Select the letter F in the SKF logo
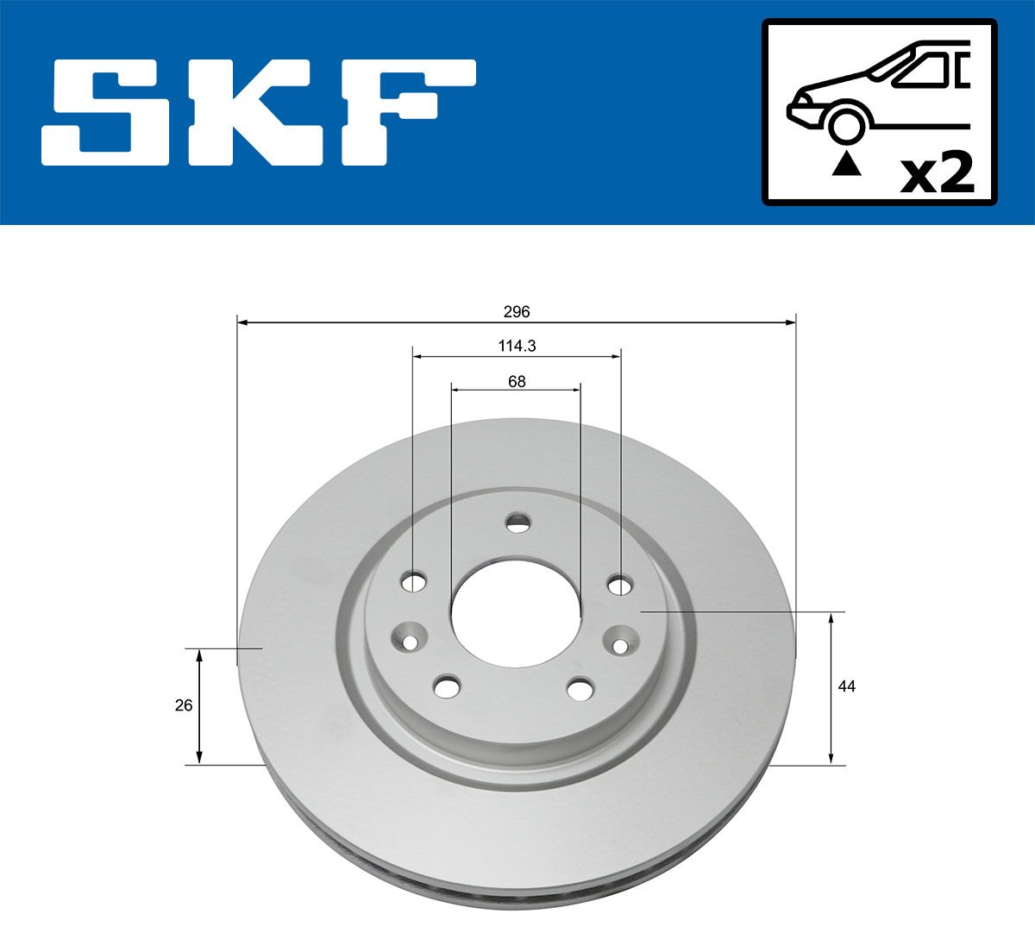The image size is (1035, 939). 410,112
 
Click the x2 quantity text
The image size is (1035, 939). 936,173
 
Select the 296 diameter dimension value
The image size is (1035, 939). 517,311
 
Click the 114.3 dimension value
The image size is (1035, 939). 517,346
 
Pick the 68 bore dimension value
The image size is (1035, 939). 517,380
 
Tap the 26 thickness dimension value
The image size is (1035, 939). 183,705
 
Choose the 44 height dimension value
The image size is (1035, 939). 847,686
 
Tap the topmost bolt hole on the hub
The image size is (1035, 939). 517,522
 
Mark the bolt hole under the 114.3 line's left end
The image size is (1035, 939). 415,582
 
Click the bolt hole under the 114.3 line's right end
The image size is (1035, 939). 619,585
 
